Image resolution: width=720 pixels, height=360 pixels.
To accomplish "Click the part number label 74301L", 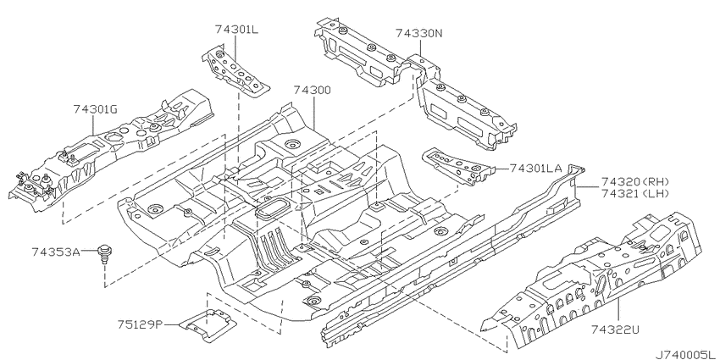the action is coord(236,30).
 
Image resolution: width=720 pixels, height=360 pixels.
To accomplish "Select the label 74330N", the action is coord(419,33).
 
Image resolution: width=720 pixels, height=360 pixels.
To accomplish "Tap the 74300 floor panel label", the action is coord(313,90).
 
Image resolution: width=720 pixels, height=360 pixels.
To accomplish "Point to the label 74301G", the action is coord(96,109).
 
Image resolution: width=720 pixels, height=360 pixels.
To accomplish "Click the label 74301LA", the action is coord(536,169).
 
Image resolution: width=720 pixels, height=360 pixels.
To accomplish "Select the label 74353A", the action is coord(56,252).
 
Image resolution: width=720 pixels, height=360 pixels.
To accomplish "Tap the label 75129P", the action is coord(140,324).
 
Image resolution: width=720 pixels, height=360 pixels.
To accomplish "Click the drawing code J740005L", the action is coord(687,354).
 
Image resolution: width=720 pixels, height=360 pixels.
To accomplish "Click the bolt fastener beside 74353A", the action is coord(105,254).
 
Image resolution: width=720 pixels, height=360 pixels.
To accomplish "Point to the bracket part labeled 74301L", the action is coord(235,69).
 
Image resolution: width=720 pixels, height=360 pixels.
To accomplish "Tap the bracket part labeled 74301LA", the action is coord(459,167).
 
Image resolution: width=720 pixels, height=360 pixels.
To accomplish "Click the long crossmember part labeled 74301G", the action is coord(110,152).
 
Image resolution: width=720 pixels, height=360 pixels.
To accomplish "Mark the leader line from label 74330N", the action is coord(421,47).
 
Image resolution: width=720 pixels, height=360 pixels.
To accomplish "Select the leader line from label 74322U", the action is coord(618,310).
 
